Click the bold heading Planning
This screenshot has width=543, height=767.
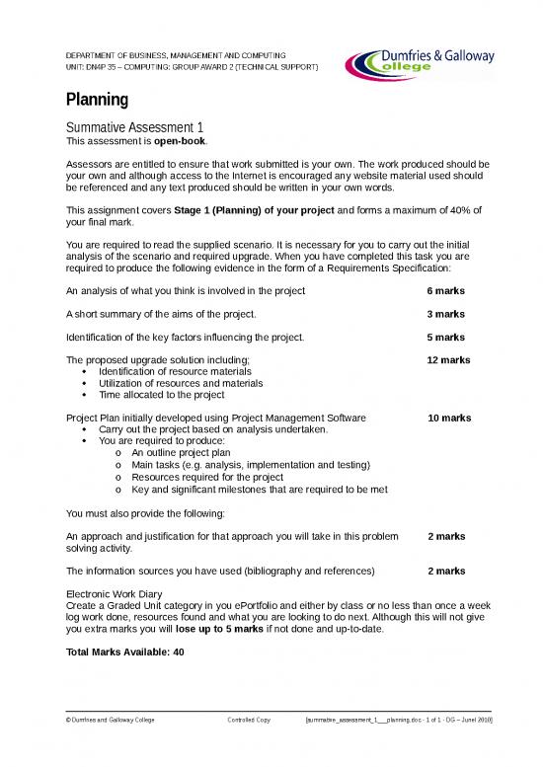(x=97, y=100)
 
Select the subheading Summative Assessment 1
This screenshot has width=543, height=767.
(x=134, y=128)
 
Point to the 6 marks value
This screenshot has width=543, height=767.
(x=445, y=291)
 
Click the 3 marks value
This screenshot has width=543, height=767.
(x=445, y=314)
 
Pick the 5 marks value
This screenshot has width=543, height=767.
(x=445, y=338)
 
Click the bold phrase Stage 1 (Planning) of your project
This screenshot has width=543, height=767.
(x=255, y=210)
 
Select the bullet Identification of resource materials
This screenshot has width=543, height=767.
(x=175, y=372)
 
